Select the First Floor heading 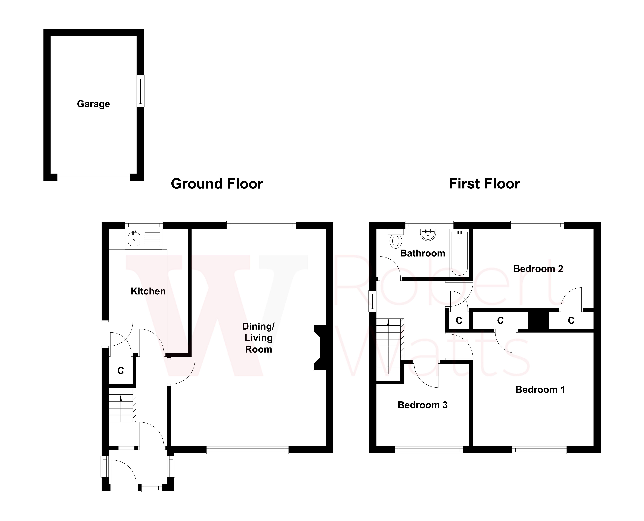pos(484,184)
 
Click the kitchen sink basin pos(134,239)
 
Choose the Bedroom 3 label pos(422,405)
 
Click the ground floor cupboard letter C pos(121,371)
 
